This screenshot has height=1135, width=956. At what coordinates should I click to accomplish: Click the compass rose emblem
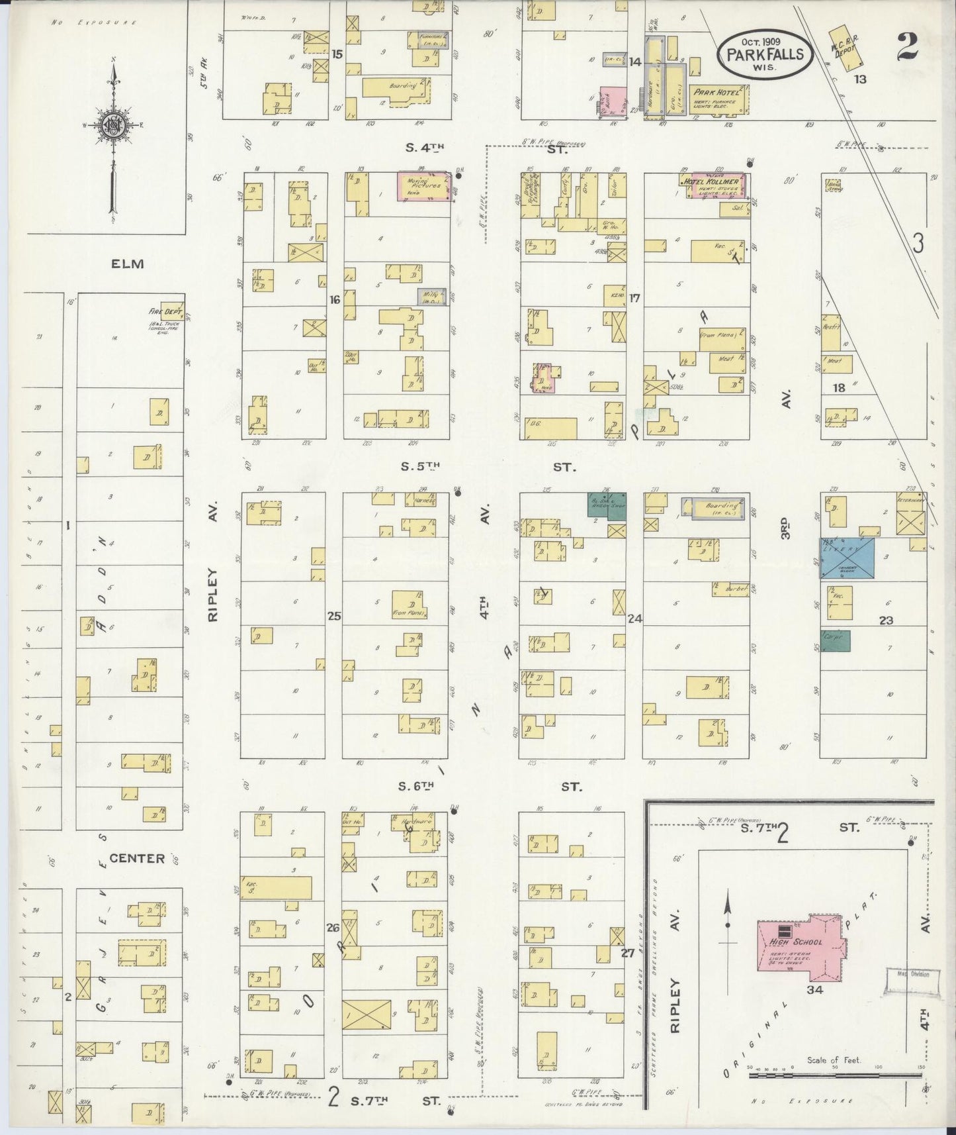pos(110,124)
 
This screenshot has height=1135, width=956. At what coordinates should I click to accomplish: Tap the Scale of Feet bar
pos(835,1075)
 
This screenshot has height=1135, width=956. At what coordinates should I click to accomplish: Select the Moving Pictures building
pos(423,186)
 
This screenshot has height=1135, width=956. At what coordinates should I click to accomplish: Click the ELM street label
pos(127,264)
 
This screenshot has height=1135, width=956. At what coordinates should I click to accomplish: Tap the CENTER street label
pos(137,858)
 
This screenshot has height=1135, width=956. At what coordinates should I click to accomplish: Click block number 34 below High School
pos(814,990)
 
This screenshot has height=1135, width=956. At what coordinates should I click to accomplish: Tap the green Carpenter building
pos(836,640)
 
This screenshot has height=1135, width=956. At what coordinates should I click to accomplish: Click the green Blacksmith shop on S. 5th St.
pos(607,505)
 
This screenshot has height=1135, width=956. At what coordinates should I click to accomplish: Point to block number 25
pos(334,616)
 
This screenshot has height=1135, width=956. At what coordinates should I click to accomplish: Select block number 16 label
pos(335,300)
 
